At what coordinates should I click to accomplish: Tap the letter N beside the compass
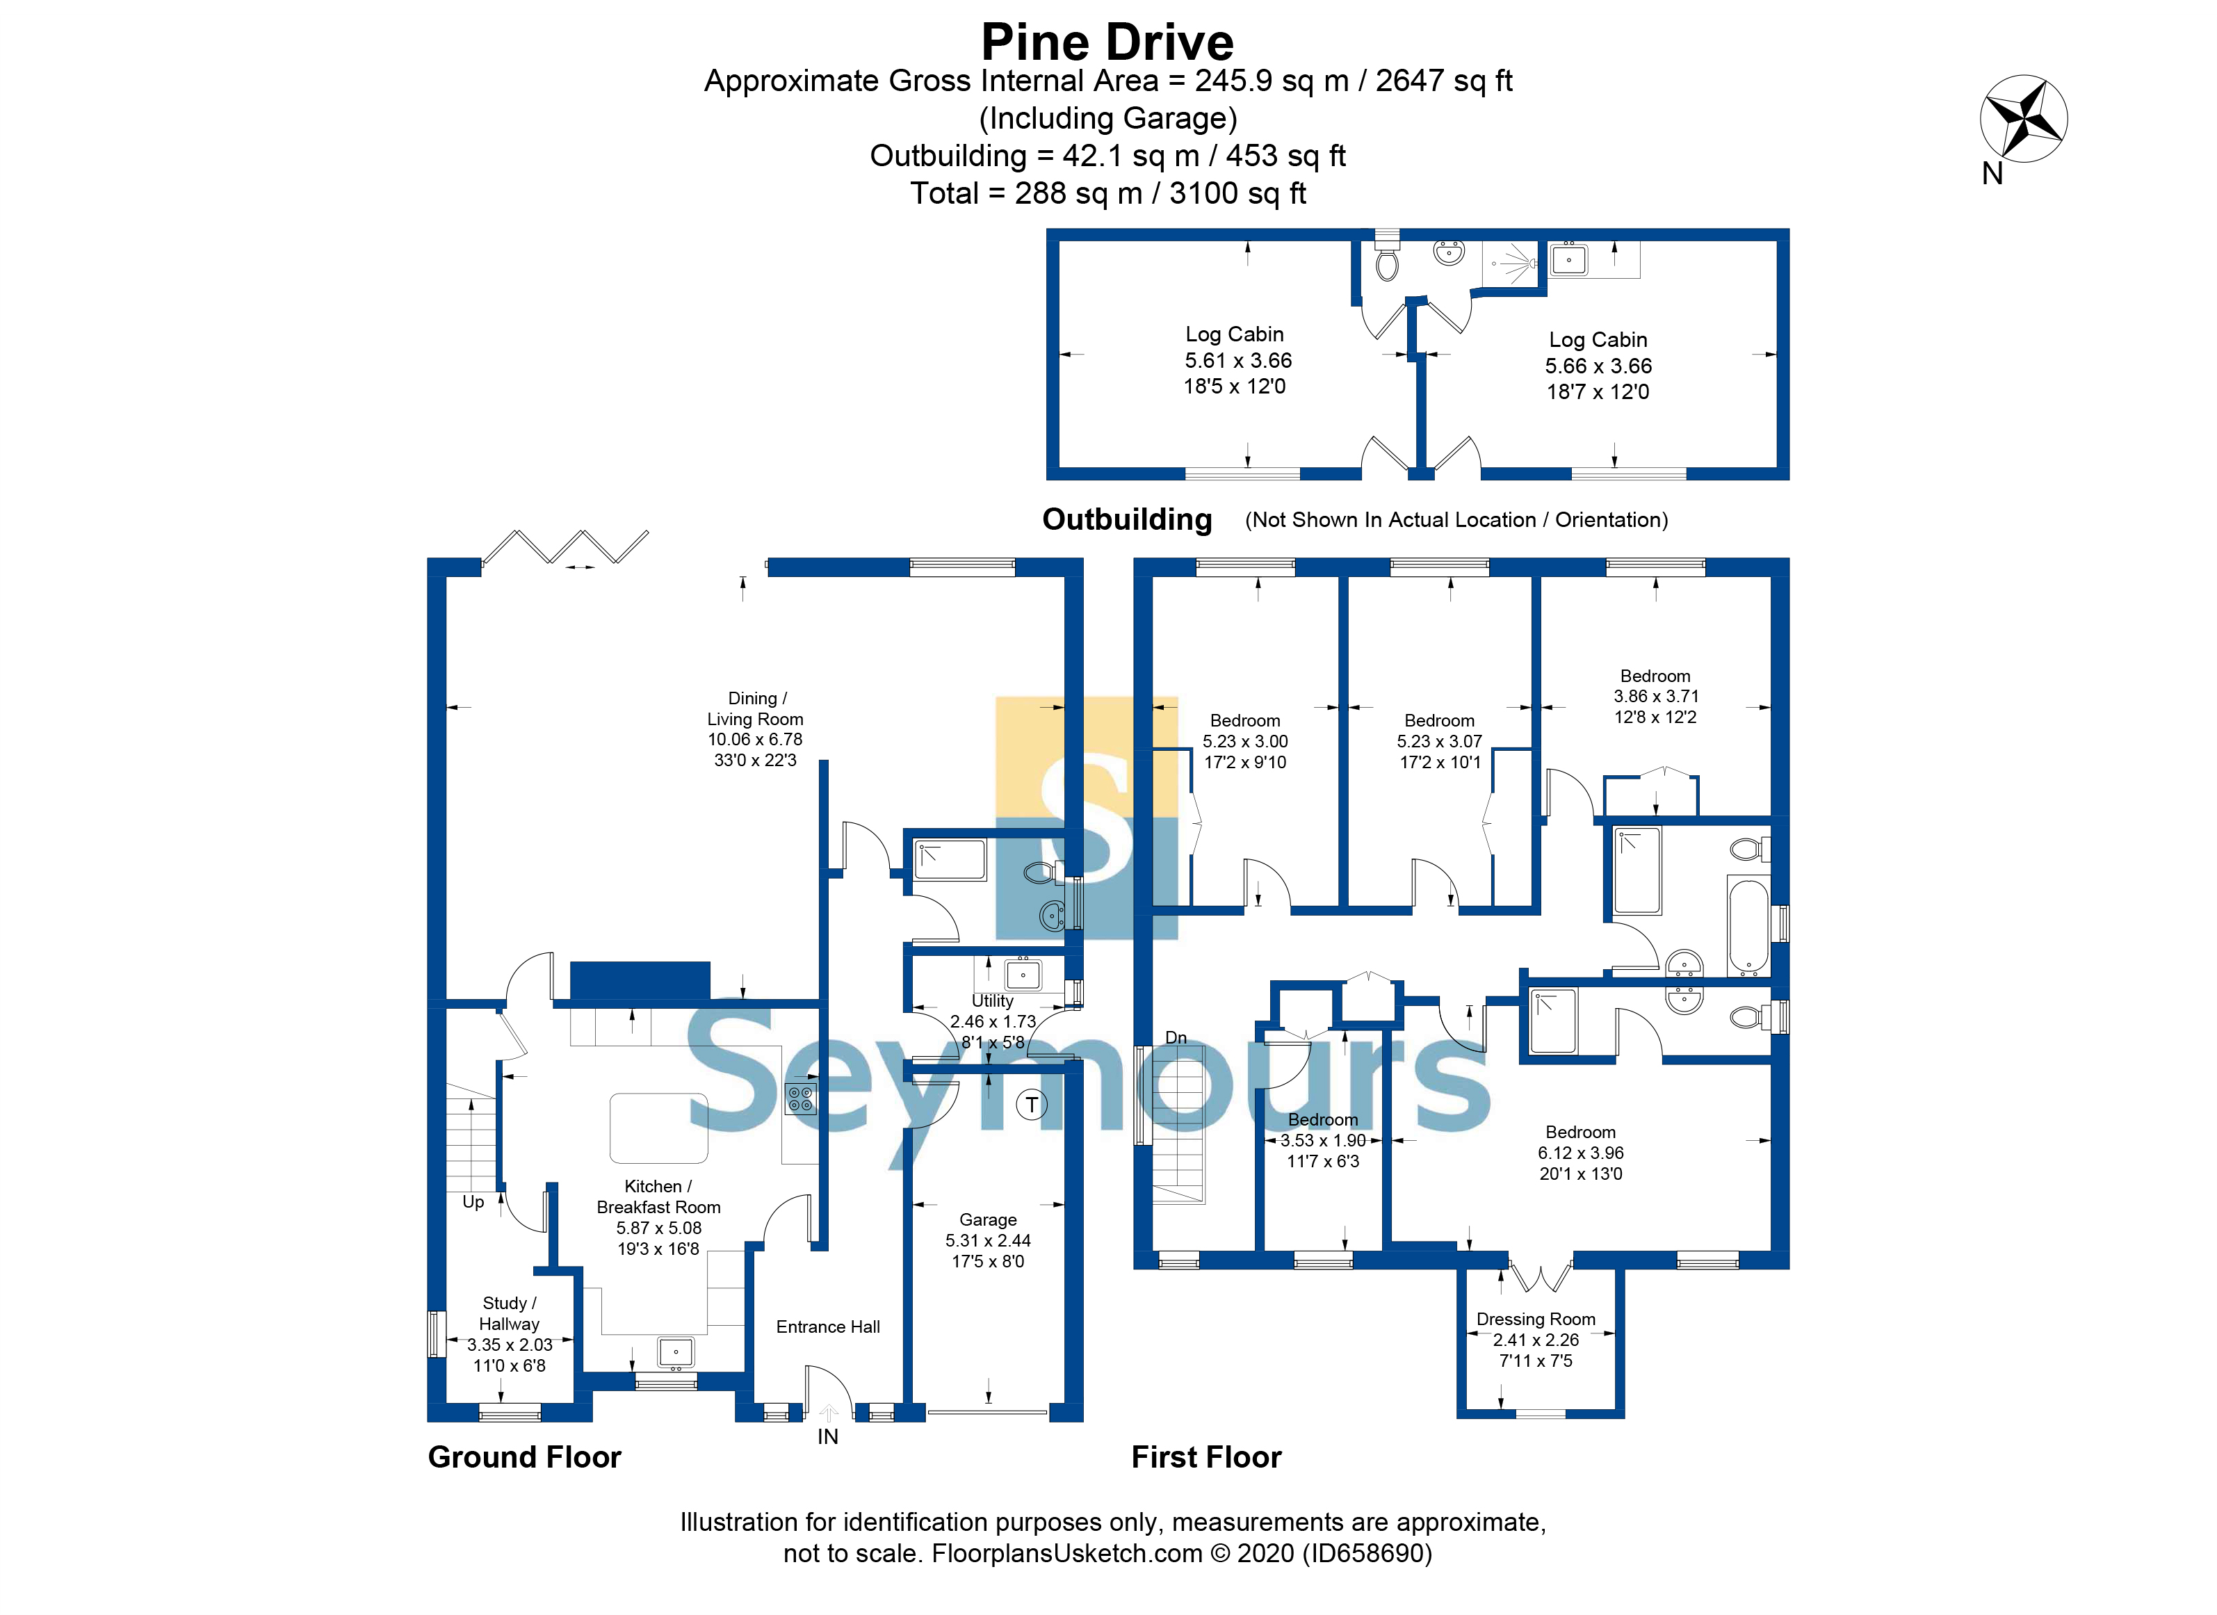[x=1992, y=174]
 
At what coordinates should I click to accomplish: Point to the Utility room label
[x=992, y=1001]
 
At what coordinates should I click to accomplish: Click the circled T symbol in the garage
[x=1031, y=1105]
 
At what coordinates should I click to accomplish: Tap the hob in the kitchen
[x=801, y=1099]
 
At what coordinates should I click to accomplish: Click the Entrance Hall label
[x=828, y=1326]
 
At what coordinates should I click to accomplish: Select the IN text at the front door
[x=828, y=1436]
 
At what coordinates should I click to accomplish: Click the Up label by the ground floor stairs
[x=473, y=1203]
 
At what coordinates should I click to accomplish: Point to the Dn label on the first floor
[x=1176, y=1037]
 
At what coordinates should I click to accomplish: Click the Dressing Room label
[x=1536, y=1319]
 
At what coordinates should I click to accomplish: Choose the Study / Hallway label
[x=510, y=1313]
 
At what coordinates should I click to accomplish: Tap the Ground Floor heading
[x=525, y=1456]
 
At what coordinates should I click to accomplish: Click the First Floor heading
[x=1206, y=1456]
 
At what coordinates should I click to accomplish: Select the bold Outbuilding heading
[x=1127, y=519]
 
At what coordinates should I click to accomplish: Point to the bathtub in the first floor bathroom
[x=1748, y=927]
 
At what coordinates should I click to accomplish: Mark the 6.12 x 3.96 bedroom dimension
[x=1581, y=1153]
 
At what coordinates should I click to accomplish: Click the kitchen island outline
[x=659, y=1128]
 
